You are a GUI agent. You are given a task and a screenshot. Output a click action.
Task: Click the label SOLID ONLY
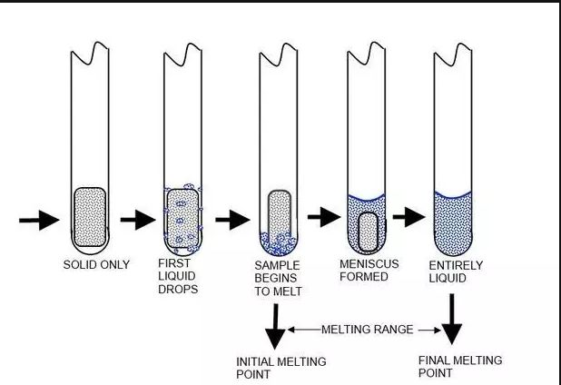(x=96, y=265)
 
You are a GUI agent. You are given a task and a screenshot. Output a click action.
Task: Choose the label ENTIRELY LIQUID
(x=454, y=271)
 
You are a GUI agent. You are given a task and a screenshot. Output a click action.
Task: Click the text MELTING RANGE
(x=367, y=328)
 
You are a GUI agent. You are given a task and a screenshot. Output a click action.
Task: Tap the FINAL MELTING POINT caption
(x=458, y=366)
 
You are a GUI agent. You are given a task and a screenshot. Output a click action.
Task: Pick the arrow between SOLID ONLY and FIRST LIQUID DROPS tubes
(x=139, y=220)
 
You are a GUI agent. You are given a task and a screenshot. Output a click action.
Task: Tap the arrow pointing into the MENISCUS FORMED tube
(x=323, y=218)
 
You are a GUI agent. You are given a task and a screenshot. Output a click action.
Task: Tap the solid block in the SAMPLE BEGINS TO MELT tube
(x=279, y=212)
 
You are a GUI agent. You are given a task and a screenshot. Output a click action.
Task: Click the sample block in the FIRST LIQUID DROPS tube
(x=182, y=216)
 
